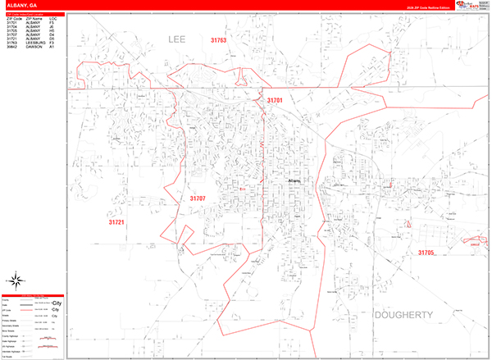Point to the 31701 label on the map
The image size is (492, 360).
click(274, 100)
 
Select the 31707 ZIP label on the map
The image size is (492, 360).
click(198, 198)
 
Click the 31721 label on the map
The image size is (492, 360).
click(116, 222)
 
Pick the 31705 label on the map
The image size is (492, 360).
click(426, 253)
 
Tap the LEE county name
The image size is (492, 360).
click(178, 39)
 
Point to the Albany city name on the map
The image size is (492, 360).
click(296, 181)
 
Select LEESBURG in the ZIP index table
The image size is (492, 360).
click(35, 42)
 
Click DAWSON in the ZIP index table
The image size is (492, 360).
click(34, 46)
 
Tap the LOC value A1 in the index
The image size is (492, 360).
click(52, 46)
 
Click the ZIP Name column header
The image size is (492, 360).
click(34, 17)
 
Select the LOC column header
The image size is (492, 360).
click(52, 17)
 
